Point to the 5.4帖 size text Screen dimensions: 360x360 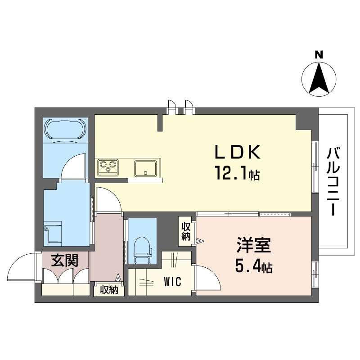pyautogui.click(x=253, y=267)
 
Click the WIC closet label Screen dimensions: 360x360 pyautogui.click(x=172, y=282)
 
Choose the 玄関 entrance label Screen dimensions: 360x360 pyautogui.click(x=65, y=260)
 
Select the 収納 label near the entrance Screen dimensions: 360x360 pyautogui.click(x=109, y=290)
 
